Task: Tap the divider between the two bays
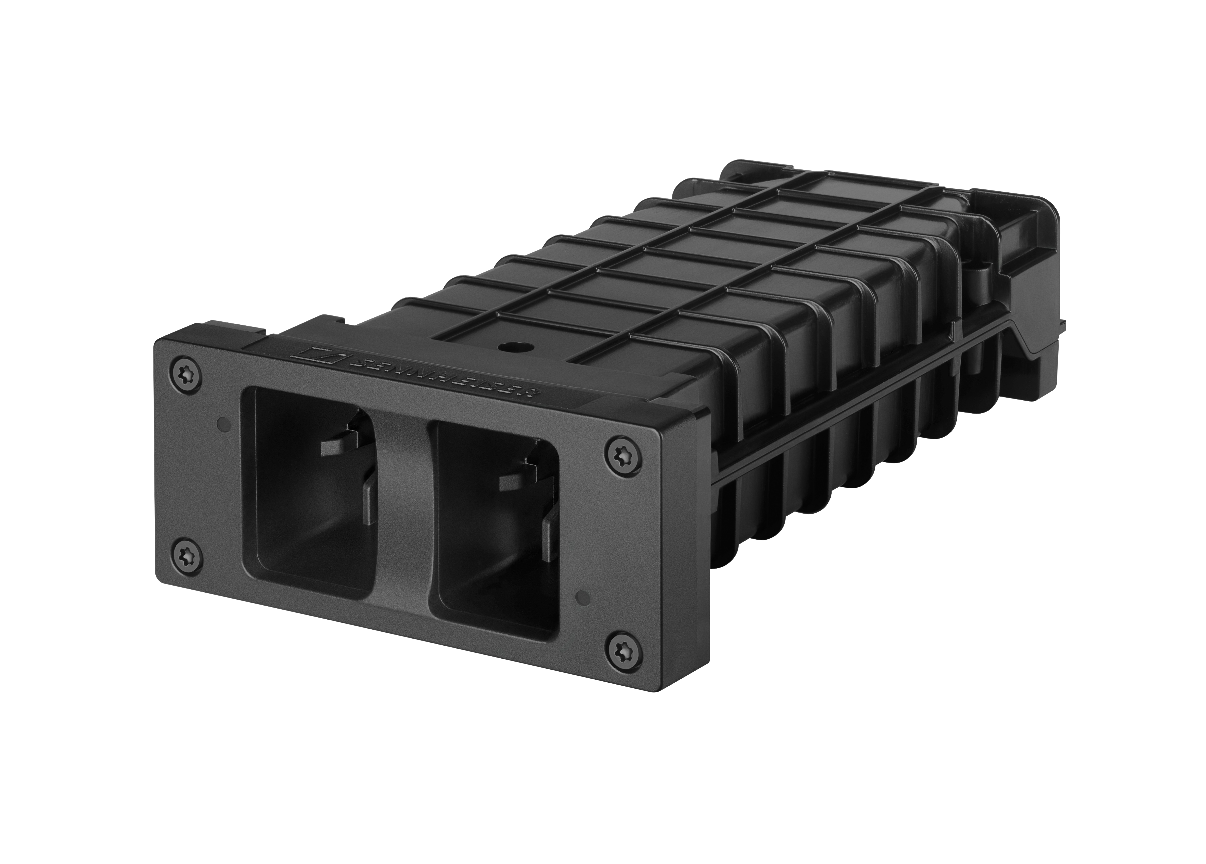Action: (404, 510)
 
